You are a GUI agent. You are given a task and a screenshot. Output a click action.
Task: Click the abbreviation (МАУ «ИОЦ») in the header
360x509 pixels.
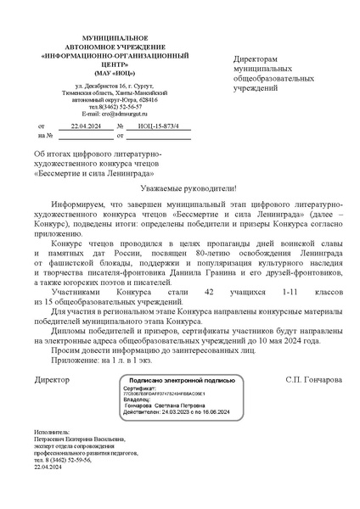pyautogui.click(x=102, y=73)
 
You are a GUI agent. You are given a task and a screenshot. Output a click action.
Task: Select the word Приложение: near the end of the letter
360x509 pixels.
pyautogui.click(x=74, y=361)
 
